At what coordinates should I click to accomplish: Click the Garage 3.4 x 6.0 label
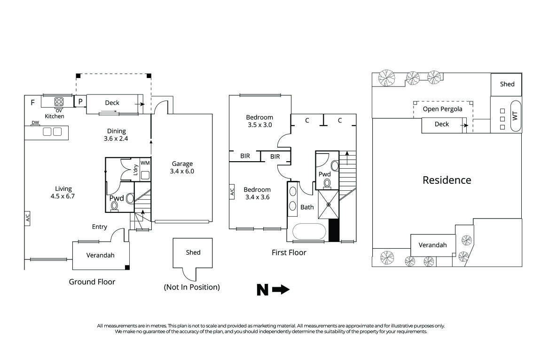click(182, 167)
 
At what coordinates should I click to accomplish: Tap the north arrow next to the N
click(281, 290)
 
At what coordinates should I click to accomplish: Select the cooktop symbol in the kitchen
click(59, 101)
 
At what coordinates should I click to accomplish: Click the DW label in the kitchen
click(35, 123)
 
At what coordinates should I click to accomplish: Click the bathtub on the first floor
click(309, 232)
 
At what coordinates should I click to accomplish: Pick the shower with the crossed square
click(329, 204)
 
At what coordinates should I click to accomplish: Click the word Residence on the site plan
click(447, 180)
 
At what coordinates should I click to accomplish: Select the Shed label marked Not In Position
click(193, 252)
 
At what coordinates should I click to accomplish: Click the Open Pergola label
click(442, 109)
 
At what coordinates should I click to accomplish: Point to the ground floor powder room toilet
click(129, 198)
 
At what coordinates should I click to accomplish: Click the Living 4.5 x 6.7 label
click(63, 192)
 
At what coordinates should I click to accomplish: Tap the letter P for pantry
click(80, 102)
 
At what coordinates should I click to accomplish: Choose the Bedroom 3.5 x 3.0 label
click(259, 121)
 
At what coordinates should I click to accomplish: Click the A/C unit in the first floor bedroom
click(232, 192)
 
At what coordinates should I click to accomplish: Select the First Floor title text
click(289, 252)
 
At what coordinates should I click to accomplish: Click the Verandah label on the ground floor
click(101, 255)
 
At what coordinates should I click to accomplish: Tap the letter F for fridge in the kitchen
click(32, 102)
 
